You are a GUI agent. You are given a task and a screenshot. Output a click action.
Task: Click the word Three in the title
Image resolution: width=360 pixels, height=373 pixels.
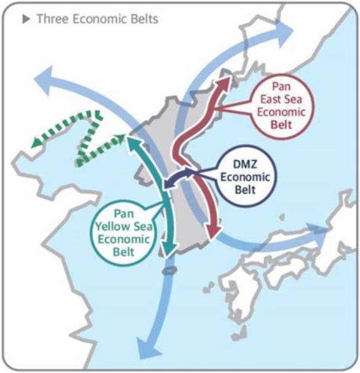pyautogui.click(x=52, y=19)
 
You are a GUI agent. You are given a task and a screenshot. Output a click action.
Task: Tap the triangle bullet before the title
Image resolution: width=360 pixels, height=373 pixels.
pyautogui.click(x=26, y=19)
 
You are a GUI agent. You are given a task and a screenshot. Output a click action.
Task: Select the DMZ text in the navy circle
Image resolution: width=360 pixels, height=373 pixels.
pyautogui.click(x=245, y=164)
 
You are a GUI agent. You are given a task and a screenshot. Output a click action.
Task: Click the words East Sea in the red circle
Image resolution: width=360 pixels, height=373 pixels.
pyautogui.click(x=281, y=99)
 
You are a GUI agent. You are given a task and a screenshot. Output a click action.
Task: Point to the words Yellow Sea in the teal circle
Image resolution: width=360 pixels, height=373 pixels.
pyautogui.click(x=124, y=227)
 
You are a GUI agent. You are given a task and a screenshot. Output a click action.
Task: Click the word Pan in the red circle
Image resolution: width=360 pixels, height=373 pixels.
pyautogui.click(x=281, y=86)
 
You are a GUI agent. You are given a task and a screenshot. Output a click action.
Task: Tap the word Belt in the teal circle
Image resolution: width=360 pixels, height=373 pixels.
pyautogui.click(x=124, y=252)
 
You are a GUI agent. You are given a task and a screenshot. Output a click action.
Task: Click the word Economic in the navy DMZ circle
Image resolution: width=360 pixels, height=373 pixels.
pyautogui.click(x=245, y=177)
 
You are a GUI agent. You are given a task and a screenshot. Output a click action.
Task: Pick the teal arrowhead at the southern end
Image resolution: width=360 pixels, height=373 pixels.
pyautogui.click(x=169, y=249)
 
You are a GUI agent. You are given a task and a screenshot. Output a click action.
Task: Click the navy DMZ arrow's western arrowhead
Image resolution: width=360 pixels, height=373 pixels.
pyautogui.click(x=169, y=183)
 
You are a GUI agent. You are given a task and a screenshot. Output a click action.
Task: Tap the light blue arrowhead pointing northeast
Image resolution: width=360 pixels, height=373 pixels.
pyautogui.click(x=284, y=31)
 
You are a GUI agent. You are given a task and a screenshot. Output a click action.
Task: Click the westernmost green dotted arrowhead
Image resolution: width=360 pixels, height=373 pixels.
pyautogui.click(x=36, y=142)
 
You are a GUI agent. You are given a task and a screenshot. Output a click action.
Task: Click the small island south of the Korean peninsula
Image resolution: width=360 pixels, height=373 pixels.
pyautogui.click(x=169, y=270)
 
